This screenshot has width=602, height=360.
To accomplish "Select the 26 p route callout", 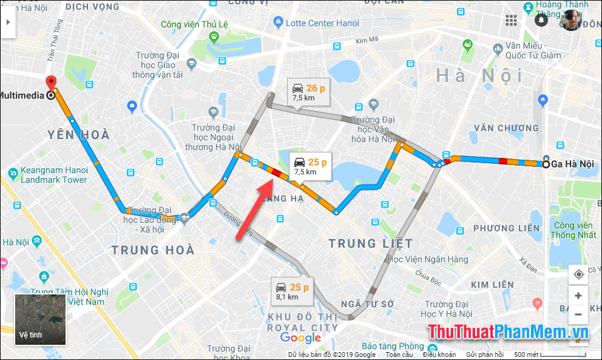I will click(308, 92).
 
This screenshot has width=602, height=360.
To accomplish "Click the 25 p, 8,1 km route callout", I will click(292, 291).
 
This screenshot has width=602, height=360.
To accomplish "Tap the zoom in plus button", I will click(578, 296).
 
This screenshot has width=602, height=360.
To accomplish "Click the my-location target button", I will click(578, 274).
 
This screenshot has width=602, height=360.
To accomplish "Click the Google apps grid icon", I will click(511, 20).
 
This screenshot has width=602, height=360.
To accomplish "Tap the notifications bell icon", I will click(541, 20).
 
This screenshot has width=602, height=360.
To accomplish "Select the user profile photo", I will click(570, 20).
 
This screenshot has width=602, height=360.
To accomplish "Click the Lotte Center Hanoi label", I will click(322, 23).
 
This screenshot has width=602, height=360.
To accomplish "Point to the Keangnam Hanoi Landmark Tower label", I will click(53, 175).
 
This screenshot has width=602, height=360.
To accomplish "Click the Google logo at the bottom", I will click(300, 338).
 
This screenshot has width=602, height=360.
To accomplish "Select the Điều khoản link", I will click(439, 355).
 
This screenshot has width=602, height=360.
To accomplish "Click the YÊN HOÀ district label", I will click(79, 135).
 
